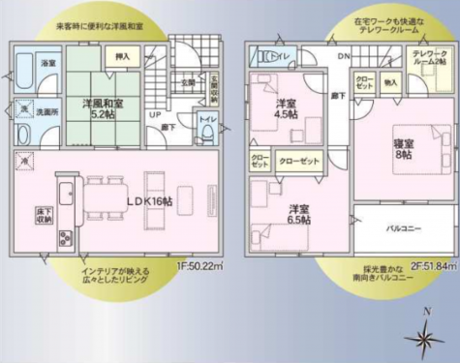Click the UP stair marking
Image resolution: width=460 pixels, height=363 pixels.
click(154, 115)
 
